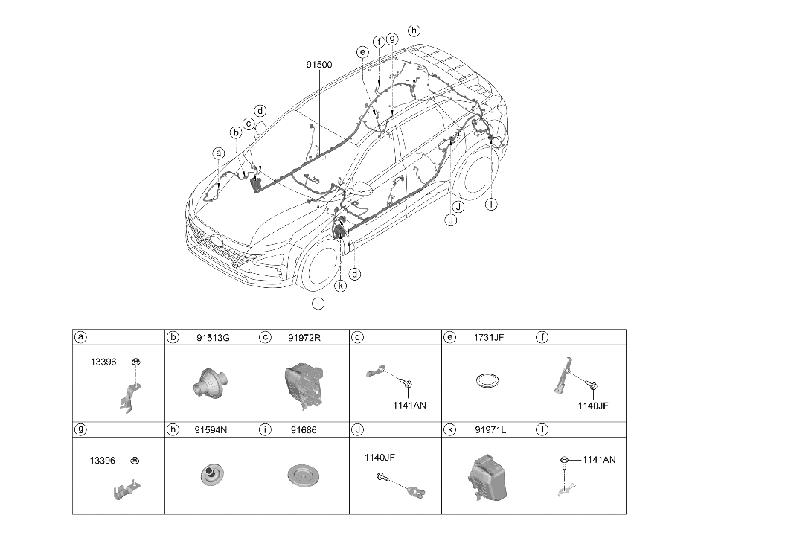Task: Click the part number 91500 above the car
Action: tap(319, 65)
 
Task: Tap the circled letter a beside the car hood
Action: tap(219, 153)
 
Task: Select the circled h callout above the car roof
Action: tap(414, 31)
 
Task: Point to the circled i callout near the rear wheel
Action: tap(491, 205)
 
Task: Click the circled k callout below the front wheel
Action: tap(341, 286)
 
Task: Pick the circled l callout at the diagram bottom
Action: tap(318, 304)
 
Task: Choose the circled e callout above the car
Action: tap(362, 52)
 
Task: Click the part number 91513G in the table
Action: tap(213, 338)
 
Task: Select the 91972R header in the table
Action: tap(304, 338)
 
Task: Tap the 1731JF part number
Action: tap(488, 338)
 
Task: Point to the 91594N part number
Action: tap(211, 430)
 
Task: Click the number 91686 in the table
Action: tap(304, 430)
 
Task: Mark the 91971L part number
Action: tap(490, 430)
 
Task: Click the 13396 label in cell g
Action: tap(103, 460)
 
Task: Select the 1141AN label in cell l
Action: tap(599, 460)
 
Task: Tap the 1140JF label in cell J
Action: tap(380, 457)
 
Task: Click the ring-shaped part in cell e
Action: tap(487, 380)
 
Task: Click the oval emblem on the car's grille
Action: tap(218, 241)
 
